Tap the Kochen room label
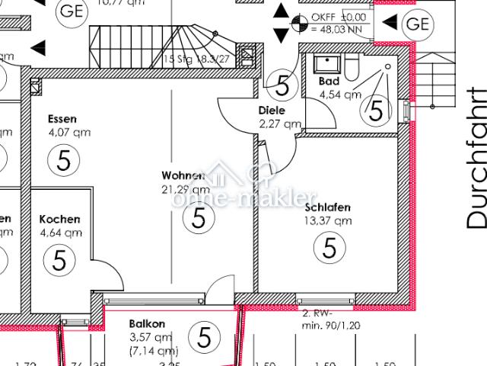coord(60,220)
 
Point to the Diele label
coord(272,110)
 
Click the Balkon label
coord(147,323)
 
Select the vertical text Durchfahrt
coord(476,157)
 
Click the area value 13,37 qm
coord(327,221)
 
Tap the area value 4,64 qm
coord(60,233)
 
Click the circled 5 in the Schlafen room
coord(329,247)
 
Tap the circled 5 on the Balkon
coord(203,335)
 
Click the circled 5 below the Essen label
coord(63,160)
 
